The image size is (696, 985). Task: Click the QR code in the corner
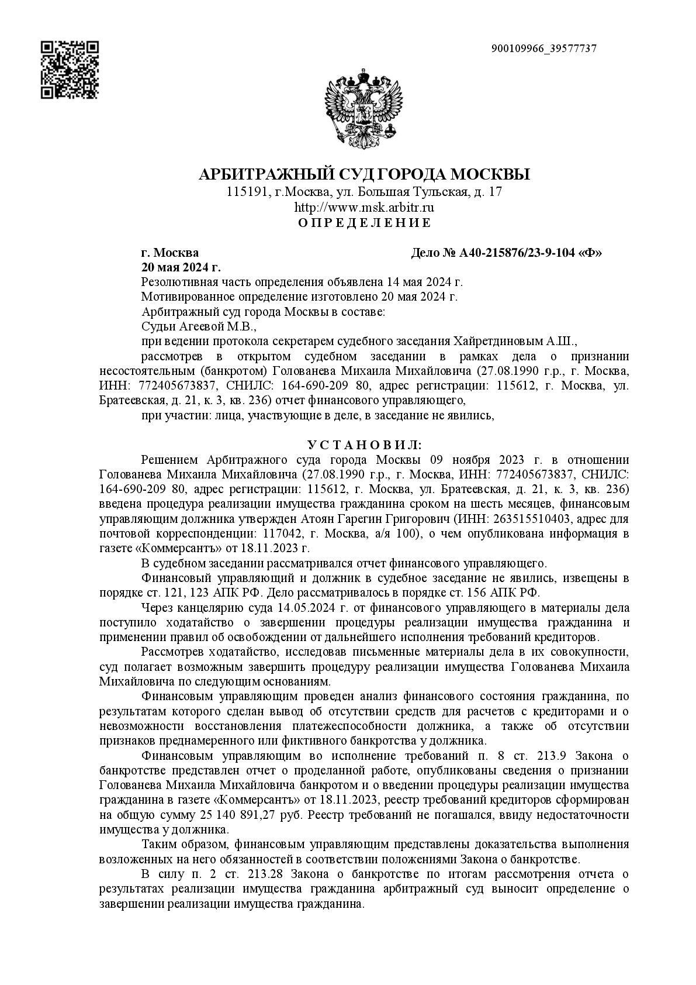click(x=69, y=70)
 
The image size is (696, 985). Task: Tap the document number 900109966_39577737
click(x=544, y=49)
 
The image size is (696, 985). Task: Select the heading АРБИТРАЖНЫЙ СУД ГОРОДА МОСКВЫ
click(x=364, y=174)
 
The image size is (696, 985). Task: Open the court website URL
click(x=364, y=207)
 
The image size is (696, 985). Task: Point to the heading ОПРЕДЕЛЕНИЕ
click(x=364, y=222)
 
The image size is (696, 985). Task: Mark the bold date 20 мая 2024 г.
click(x=181, y=267)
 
